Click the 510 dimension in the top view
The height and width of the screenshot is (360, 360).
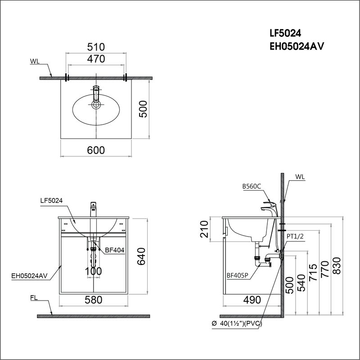(96, 47)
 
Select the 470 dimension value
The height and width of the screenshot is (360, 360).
(96, 59)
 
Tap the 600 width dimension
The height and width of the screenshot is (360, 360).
(96, 150)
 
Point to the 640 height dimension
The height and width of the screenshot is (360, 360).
(141, 256)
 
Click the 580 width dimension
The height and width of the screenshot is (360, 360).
(94, 300)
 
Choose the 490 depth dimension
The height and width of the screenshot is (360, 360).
(252, 300)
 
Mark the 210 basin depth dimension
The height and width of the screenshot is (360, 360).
(204, 229)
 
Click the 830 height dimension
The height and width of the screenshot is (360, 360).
(337, 266)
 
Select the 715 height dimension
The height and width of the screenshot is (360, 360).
(313, 272)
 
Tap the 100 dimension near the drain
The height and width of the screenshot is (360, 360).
(94, 271)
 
